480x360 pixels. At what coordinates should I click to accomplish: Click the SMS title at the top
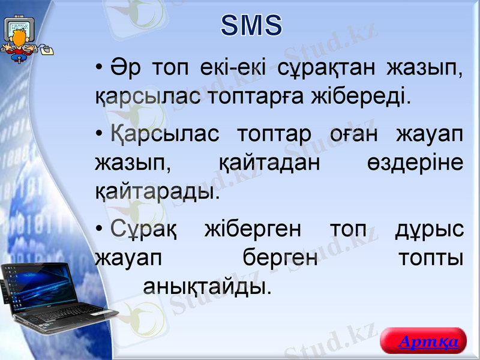pyautogui.click(x=251, y=26)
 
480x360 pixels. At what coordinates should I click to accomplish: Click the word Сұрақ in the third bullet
pyautogui.click(x=143, y=230)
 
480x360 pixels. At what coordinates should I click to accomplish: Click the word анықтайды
pyautogui.click(x=206, y=286)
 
